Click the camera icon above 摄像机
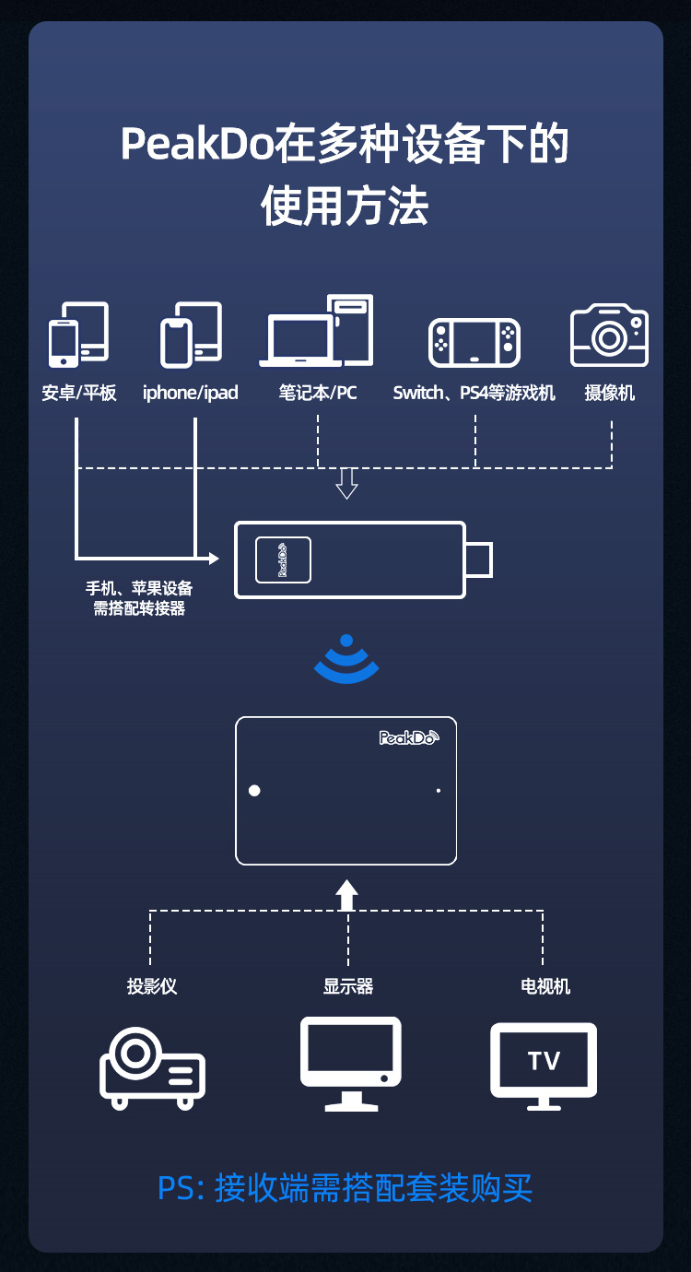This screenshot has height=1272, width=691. coord(609,335)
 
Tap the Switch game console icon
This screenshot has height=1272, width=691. coord(474,342)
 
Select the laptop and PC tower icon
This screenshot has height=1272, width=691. coord(316,331)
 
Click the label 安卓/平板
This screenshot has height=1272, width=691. coord(79,393)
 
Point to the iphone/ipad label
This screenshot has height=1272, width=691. coord(190,393)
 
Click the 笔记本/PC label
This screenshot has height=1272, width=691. coord(317,393)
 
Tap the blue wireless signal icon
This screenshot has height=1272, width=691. coord(346,659)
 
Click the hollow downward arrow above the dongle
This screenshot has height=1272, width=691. coord(346,484)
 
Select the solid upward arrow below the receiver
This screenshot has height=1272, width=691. coord(346,896)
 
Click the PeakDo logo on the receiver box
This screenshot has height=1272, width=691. coord(409,737)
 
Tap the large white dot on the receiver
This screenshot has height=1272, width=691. coord(254,791)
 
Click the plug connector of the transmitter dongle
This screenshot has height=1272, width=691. coord(479,559)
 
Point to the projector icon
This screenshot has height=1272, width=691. coord(152,1068)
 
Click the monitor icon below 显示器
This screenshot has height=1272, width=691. coord(350,1064)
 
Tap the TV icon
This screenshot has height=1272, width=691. coord(544,1066)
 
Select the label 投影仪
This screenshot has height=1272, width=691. coord(152,986)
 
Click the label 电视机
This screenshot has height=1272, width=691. coord(545,986)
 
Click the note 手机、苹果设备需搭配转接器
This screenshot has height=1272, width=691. coord(139,598)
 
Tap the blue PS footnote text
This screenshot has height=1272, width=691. coord(345,1187)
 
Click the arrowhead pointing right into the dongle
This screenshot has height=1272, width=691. coord(214,559)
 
